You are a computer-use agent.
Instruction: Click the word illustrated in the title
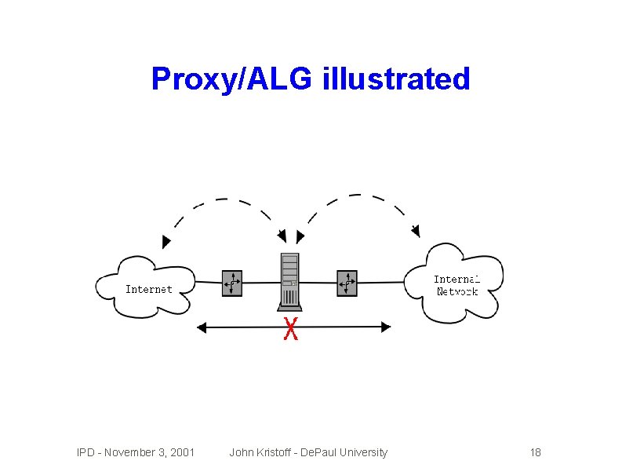(395, 79)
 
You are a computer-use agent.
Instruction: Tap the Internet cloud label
(148, 289)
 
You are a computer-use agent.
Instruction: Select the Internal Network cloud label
(456, 285)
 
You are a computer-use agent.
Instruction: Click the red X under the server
(290, 330)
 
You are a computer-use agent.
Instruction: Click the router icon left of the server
(232, 283)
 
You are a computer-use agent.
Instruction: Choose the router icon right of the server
(347, 283)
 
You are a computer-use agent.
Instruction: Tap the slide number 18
(536, 452)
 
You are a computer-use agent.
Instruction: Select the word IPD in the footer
(86, 452)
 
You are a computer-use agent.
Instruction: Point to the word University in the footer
(362, 452)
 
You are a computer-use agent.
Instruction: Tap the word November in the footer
(129, 452)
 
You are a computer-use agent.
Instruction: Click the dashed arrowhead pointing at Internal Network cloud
(416, 231)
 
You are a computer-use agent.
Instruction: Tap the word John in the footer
(240, 452)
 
